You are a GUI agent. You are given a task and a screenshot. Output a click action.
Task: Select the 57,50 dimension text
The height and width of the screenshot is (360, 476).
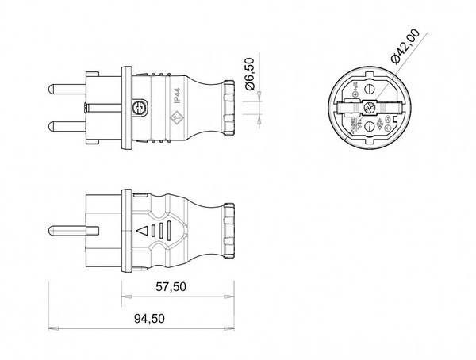click(x=169, y=286)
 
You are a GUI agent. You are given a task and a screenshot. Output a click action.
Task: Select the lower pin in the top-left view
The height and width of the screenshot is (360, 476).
click(x=67, y=124)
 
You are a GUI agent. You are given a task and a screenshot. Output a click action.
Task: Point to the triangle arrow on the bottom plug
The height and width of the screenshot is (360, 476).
click(x=144, y=232)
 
